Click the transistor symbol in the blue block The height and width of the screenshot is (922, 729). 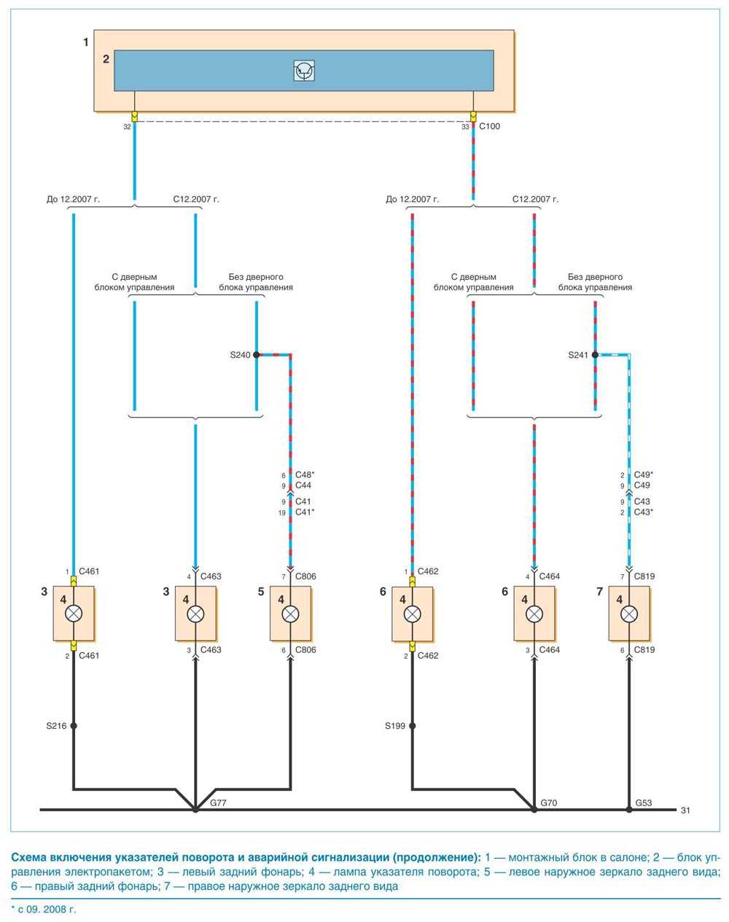pos(303,71)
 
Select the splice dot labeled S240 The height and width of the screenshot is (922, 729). pos(257,355)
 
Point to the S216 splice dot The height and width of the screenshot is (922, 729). pos(74,726)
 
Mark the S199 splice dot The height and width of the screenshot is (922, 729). pos(413,726)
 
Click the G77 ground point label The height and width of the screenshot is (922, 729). pos(218,802)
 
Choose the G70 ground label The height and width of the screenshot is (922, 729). pos(550,802)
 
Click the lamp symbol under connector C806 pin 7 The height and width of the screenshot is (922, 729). pos(291,614)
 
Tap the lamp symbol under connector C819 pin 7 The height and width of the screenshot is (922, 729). pos(629,614)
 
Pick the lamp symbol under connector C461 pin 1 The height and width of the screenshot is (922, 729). pos(74,614)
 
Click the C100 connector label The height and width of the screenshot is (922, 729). pos(490,126)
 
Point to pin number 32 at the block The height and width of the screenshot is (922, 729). pos(128,126)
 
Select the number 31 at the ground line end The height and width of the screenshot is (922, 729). pos(685,810)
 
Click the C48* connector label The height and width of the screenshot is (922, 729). pos(304,474)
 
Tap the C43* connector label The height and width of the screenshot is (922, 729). pos(643,512)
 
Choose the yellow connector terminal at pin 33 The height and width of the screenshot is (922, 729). pos(474,117)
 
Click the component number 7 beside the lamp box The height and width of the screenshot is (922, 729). pos(599,592)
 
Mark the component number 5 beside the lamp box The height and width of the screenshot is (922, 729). pos(261,592)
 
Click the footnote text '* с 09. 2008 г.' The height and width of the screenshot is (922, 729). pos(44,910)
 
